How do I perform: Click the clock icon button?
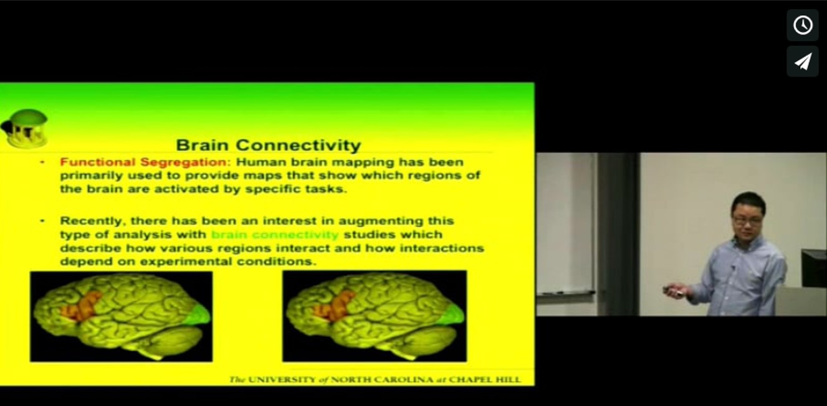click(x=803, y=25)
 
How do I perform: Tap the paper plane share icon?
click(x=803, y=61)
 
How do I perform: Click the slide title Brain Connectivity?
click(x=268, y=145)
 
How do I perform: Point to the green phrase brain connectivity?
click(x=275, y=235)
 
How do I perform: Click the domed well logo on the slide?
click(x=25, y=128)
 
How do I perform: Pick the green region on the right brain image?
click(x=452, y=314)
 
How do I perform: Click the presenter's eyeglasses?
click(x=747, y=220)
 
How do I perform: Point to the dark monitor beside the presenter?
click(x=813, y=268)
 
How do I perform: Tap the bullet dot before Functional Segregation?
click(x=42, y=162)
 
